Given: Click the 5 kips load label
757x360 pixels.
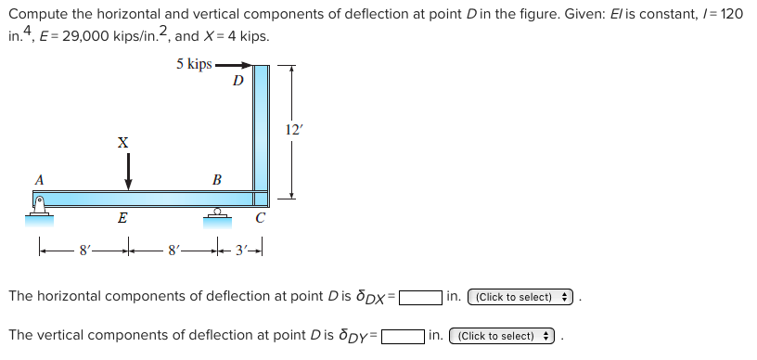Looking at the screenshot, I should click(193, 64).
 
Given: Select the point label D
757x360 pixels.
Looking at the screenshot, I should click(237, 81).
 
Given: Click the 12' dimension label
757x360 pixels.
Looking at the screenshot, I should click(294, 130).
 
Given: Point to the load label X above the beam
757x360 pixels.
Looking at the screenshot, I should click(122, 142).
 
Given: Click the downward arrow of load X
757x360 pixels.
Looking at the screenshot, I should click(128, 171).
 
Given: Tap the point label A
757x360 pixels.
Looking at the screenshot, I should click(39, 179).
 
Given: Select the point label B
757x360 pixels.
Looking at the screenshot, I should click(216, 179).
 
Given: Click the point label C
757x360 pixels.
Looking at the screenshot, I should click(261, 219).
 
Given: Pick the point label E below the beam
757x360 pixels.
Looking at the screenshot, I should click(122, 219).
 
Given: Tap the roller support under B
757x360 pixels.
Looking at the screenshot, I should click(216, 214).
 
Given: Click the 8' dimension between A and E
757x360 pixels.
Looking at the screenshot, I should click(85, 249).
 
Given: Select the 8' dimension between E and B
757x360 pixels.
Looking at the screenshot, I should click(172, 249).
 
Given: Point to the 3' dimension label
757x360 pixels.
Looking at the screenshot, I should click(240, 249).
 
